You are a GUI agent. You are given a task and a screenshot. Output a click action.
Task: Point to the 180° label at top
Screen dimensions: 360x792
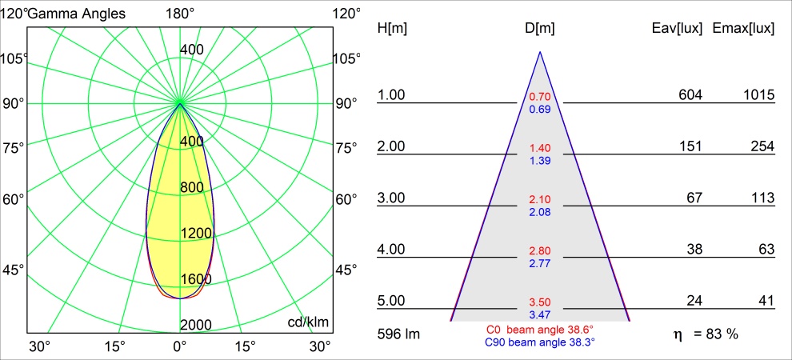[x=180, y=13]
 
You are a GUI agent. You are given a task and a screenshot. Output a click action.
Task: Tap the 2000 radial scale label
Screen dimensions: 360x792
[x=196, y=324]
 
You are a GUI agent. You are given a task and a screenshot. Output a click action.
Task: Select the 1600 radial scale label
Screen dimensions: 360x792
[x=196, y=279]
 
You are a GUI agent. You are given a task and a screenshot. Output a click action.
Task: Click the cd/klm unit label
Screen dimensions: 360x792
[x=308, y=322]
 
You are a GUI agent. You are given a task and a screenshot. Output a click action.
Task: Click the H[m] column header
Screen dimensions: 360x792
[x=391, y=28]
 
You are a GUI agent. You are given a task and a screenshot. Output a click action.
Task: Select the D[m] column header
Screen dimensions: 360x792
[x=540, y=28]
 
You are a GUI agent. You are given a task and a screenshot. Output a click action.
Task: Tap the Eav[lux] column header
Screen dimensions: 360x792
[x=678, y=28]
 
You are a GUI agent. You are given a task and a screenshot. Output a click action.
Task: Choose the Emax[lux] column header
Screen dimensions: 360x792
[x=743, y=28]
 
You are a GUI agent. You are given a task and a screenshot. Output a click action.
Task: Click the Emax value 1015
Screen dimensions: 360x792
[x=758, y=95]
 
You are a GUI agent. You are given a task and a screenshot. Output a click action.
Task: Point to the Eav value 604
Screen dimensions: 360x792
[x=690, y=95]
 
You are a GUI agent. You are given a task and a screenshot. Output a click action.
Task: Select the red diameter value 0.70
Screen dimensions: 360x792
[x=540, y=97]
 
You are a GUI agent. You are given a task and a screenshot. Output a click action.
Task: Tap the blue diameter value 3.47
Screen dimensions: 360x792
[x=540, y=315]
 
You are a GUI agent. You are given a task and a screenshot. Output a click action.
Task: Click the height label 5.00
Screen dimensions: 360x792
[x=392, y=301]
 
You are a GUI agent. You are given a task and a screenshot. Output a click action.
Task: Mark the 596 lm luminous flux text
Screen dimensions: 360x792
[x=398, y=333]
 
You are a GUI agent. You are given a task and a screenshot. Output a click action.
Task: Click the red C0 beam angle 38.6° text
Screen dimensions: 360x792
[x=540, y=329]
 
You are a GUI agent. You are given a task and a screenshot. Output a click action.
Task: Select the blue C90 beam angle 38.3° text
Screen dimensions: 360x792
[x=540, y=342]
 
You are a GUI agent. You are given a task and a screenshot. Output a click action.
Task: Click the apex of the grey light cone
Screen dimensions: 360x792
[x=540, y=53]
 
